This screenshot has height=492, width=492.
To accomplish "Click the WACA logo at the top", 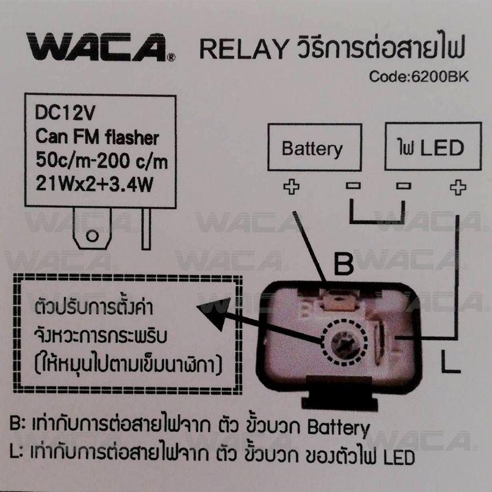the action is (x=100, y=47).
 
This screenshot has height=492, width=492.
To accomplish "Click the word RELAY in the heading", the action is (x=244, y=49).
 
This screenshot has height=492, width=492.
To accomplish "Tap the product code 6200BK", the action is (x=439, y=76).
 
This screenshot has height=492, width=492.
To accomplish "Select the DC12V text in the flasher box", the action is (x=65, y=113).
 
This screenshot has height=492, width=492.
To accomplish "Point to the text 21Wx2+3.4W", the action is (x=94, y=184).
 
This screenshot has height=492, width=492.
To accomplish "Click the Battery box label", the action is (x=312, y=149).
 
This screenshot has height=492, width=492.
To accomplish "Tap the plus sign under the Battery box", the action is (x=292, y=187).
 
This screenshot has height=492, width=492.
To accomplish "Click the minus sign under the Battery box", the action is (x=353, y=186).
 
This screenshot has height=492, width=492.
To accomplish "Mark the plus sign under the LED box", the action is (x=458, y=188).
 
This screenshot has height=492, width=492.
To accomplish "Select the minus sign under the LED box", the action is (x=403, y=186).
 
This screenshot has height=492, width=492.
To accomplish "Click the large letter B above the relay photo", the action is (x=344, y=264).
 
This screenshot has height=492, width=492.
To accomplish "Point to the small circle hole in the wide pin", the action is (x=92, y=236).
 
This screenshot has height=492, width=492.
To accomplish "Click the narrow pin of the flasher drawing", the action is (x=146, y=229).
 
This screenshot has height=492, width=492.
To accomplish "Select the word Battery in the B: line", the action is (x=339, y=428).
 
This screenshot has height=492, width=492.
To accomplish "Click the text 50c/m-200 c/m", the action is (x=102, y=161).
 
